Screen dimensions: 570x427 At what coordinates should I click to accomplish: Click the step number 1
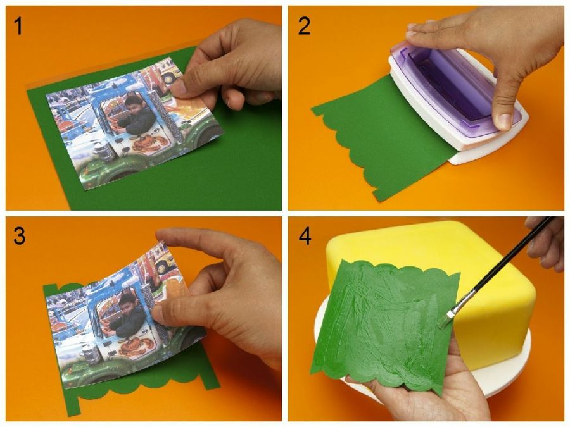[x=18, y=26]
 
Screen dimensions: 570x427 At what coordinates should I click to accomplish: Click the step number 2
[x=304, y=26]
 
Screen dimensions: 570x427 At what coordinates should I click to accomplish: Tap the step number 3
[x=19, y=236]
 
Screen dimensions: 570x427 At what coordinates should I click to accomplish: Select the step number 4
[x=305, y=236]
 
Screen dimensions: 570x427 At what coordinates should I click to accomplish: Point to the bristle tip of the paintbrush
[x=445, y=321]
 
